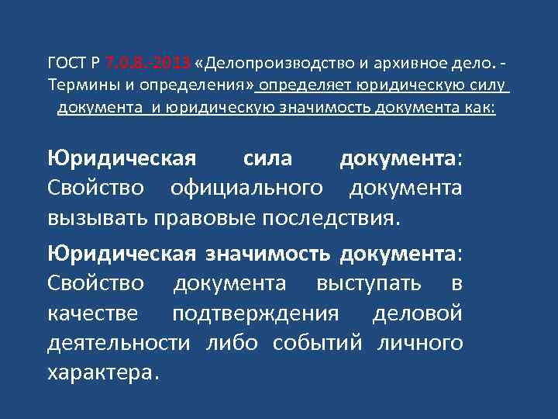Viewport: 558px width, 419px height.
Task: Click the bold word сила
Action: (x=267, y=158)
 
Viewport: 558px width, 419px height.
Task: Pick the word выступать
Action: (x=368, y=283)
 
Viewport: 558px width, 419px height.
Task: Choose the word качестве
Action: (x=93, y=313)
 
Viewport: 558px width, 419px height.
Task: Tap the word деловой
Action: (x=418, y=313)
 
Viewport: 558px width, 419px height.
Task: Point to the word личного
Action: (x=419, y=342)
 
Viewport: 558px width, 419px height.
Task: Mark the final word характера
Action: (x=103, y=372)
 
